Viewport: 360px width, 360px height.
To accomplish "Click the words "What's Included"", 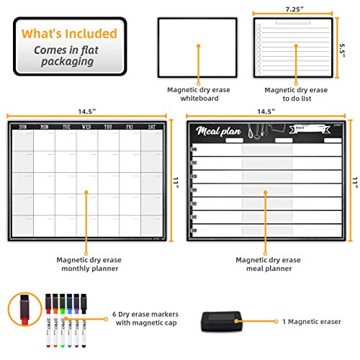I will pyautogui.click(x=69, y=34).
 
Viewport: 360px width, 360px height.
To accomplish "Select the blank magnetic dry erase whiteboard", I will pyautogui.click(x=199, y=47).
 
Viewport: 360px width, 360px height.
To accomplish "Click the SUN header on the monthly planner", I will pyautogui.click(x=22, y=127).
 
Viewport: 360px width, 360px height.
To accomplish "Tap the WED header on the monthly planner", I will pyautogui.click(x=86, y=127).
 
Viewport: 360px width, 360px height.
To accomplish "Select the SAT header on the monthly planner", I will pyautogui.click(x=151, y=127).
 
